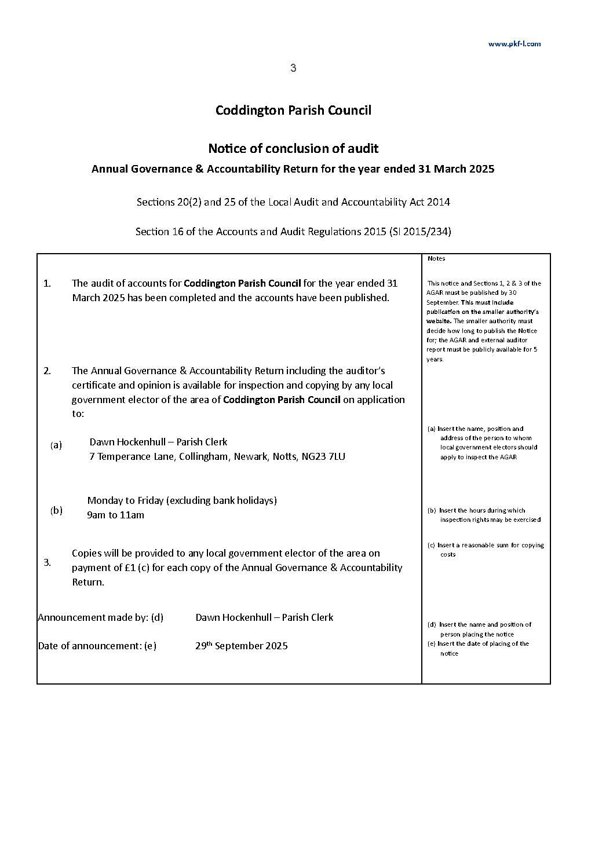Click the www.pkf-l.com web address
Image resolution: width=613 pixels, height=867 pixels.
pyautogui.click(x=514, y=43)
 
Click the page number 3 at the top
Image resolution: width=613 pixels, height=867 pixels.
pyautogui.click(x=293, y=68)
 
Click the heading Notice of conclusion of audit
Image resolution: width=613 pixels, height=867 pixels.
pyautogui.click(x=293, y=149)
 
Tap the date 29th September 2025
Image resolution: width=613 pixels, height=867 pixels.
pyautogui.click(x=241, y=646)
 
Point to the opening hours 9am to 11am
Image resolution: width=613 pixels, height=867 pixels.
pyautogui.click(x=115, y=515)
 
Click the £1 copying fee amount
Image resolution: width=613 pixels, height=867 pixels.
pyautogui.click(x=130, y=568)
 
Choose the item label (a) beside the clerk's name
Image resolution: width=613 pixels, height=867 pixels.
pyautogui.click(x=56, y=445)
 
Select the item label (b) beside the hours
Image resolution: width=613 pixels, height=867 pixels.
pyautogui.click(x=56, y=510)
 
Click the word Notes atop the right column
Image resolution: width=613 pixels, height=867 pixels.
pyautogui.click(x=436, y=258)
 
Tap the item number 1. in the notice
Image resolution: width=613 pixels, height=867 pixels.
pyautogui.click(x=47, y=283)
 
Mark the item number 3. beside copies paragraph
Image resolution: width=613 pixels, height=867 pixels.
pyautogui.click(x=47, y=562)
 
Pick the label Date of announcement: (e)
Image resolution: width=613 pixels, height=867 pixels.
pyautogui.click(x=97, y=646)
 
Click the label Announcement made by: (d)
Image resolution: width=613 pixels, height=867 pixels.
pyautogui.click(x=100, y=617)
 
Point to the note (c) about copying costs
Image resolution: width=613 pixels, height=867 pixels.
pyautogui.click(x=486, y=550)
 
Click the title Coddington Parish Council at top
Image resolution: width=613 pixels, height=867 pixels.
pyautogui.click(x=293, y=110)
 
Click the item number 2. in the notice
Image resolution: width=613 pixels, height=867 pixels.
pyautogui.click(x=47, y=371)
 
